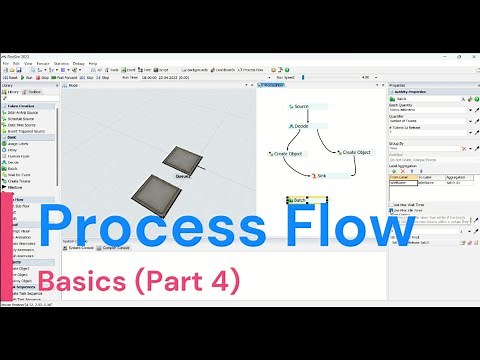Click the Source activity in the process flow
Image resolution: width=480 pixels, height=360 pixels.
[304, 106]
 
